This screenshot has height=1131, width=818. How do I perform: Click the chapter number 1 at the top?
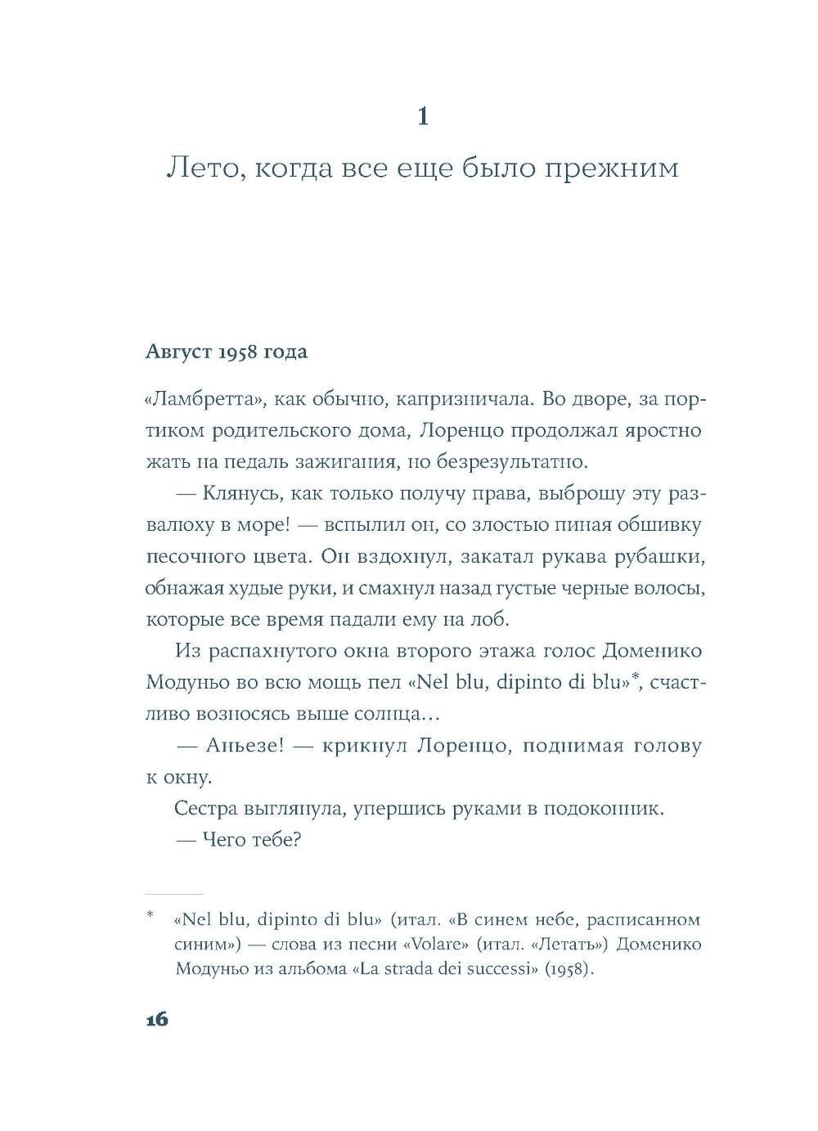pos(422,117)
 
